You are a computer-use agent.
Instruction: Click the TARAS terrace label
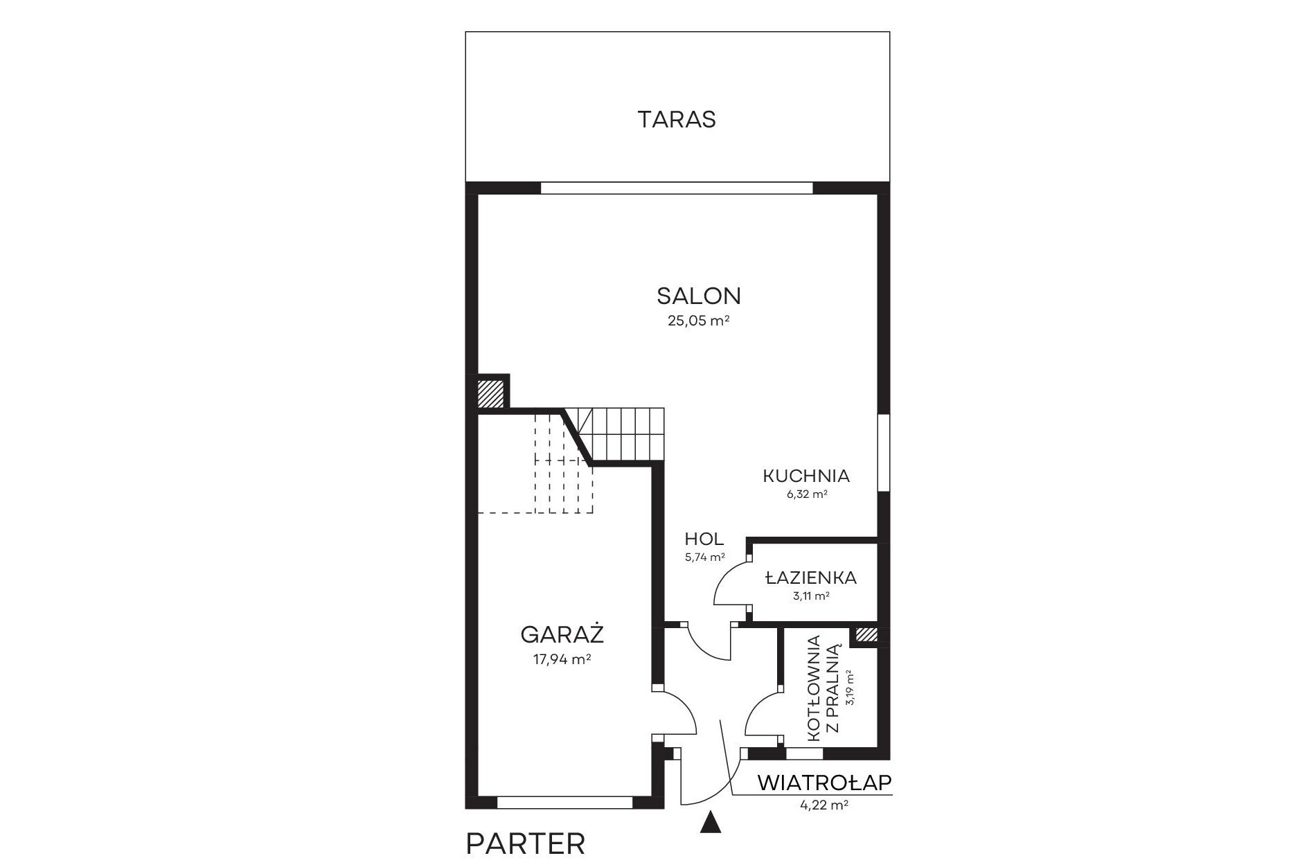(677, 119)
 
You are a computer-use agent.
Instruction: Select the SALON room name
(699, 296)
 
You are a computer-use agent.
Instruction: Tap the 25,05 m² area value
(699, 321)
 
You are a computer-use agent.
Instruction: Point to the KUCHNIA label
(806, 476)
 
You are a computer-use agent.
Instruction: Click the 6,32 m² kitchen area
(806, 494)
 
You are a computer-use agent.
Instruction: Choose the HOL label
(704, 539)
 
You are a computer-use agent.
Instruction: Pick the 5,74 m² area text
(704, 557)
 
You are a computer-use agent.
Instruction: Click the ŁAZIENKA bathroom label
(811, 577)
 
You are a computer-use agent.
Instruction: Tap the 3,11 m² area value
(811, 596)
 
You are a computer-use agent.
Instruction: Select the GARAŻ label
(562, 634)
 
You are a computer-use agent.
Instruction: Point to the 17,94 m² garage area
(562, 659)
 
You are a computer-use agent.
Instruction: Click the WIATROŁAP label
(824, 783)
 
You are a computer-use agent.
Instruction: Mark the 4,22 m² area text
(824, 805)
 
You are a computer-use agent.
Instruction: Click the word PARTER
(526, 844)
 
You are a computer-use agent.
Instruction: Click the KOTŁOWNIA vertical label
(814, 688)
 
